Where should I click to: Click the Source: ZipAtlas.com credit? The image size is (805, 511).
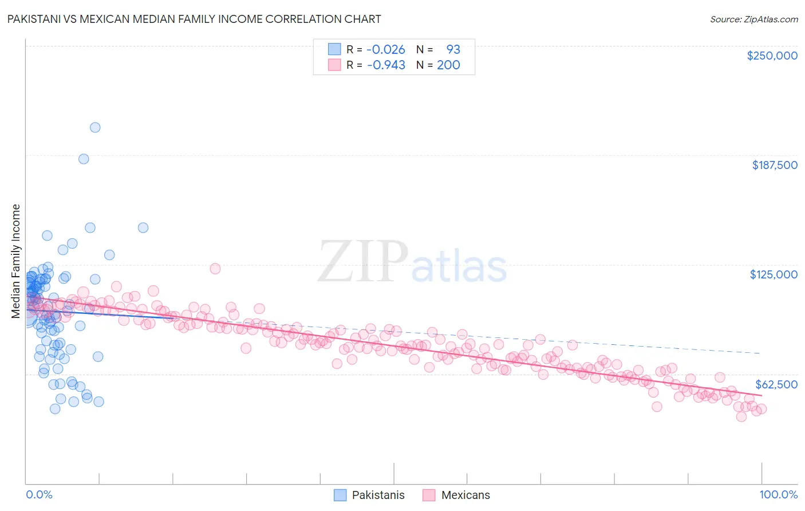[753, 19]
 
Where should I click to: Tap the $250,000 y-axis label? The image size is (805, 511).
[772, 56]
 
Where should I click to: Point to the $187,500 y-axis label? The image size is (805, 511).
[774, 165]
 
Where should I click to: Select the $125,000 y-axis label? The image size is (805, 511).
[774, 274]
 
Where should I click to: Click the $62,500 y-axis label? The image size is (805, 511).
[776, 384]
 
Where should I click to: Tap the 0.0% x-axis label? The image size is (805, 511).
[39, 494]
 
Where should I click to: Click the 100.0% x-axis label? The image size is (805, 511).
[778, 494]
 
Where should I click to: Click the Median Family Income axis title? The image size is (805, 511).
[16, 261]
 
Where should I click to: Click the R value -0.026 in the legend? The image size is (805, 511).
[385, 49]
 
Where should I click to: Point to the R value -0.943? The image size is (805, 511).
[385, 65]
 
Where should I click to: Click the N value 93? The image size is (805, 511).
[453, 49]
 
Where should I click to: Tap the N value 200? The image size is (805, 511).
[448, 65]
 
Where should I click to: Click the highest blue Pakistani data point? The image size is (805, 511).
[95, 127]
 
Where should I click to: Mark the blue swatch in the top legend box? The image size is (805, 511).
[334, 49]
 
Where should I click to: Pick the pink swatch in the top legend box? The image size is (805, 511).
[334, 65]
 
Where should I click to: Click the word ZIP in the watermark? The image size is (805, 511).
[363, 261]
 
